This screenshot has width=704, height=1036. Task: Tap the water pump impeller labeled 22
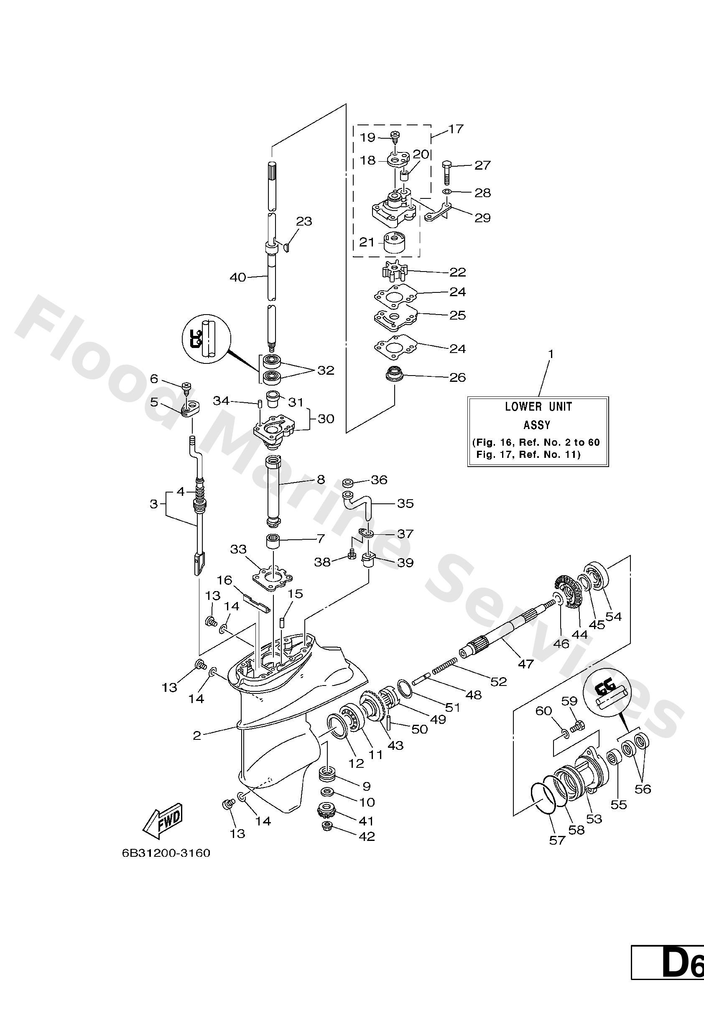pyautogui.click(x=392, y=271)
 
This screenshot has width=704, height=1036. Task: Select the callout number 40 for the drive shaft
pyautogui.click(x=238, y=277)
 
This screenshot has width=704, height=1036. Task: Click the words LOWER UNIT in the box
pyautogui.click(x=538, y=406)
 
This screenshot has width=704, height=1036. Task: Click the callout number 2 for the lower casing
pyautogui.click(x=197, y=735)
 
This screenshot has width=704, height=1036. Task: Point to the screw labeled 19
pyautogui.click(x=394, y=135)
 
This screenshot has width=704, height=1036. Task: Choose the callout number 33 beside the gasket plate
pyautogui.click(x=238, y=549)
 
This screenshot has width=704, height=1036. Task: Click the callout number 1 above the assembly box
pyautogui.click(x=551, y=354)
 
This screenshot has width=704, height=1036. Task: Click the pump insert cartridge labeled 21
pyautogui.click(x=394, y=243)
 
